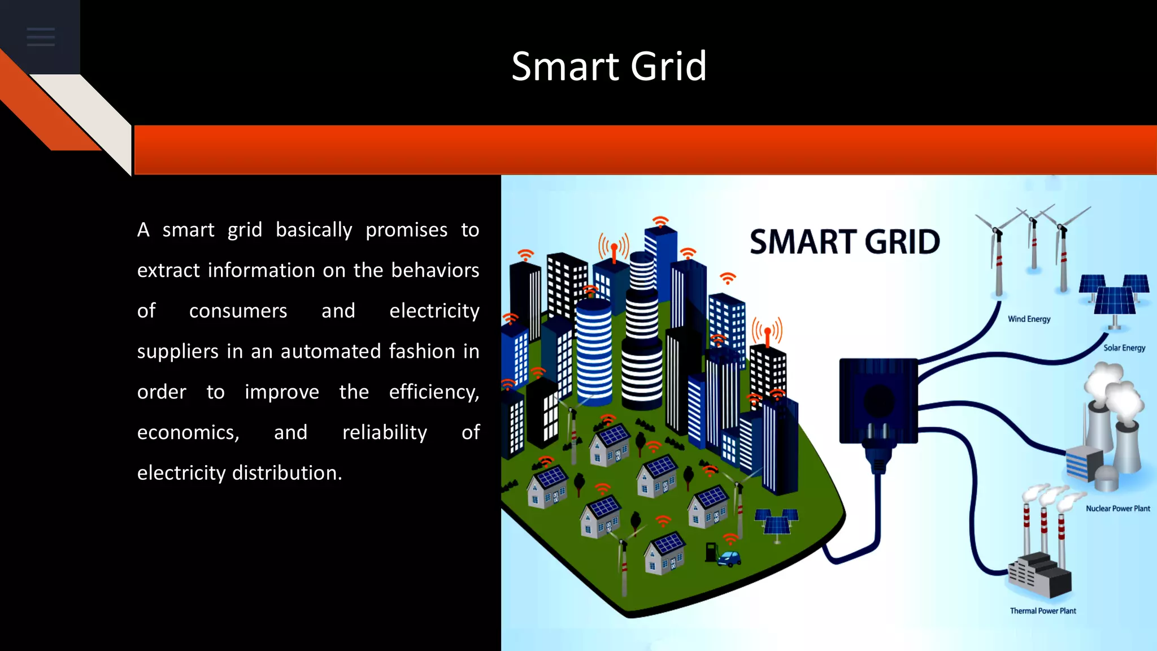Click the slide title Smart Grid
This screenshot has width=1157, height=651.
click(x=609, y=66)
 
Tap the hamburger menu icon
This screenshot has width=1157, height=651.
click(x=41, y=37)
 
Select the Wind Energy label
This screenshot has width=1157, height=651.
click(x=1029, y=319)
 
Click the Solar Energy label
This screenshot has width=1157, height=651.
click(x=1124, y=348)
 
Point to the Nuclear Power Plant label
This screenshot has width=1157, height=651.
click(x=1117, y=509)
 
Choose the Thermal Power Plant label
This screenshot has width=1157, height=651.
click(x=1043, y=611)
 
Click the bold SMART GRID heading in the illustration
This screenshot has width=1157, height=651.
click(x=845, y=242)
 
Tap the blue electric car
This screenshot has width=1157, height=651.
click(x=730, y=558)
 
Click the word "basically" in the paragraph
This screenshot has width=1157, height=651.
click(x=314, y=230)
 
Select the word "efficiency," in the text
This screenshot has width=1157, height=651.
click(x=434, y=392)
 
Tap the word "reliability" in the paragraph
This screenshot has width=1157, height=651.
click(x=385, y=433)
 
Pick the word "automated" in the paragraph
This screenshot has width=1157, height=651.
click(x=331, y=351)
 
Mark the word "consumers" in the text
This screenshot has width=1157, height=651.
click(x=238, y=311)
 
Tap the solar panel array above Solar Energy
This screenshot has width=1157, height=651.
click(x=1114, y=294)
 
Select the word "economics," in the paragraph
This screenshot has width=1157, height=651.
click(x=188, y=433)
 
